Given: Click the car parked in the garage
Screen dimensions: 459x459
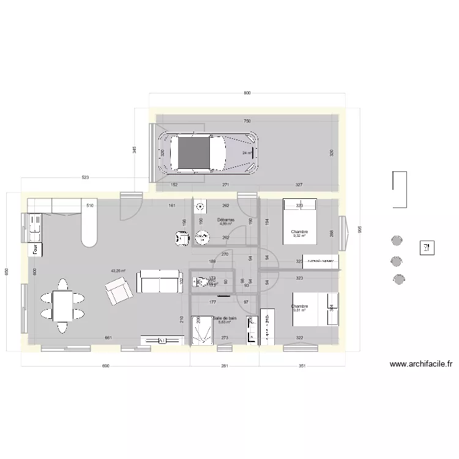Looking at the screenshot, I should pos(208,153).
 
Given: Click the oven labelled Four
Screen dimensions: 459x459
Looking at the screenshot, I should pos(35,249).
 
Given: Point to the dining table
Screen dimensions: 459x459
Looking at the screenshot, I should pos(62,307).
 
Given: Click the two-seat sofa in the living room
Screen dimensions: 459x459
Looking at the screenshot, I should pos(159,282).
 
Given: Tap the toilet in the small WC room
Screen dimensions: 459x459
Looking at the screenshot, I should pos(200,282).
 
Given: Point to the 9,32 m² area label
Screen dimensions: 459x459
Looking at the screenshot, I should pos(300,236).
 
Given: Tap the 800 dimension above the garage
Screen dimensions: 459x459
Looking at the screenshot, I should pos(247,93).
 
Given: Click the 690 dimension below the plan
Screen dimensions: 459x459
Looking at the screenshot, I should pos(105,366).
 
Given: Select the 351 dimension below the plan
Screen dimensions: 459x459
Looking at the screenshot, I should pos(301,366).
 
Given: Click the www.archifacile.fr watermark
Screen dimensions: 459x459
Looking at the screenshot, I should pos(421,364).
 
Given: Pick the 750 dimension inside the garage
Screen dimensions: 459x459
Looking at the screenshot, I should pos(247,121).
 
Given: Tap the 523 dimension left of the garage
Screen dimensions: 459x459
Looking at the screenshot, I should pos(85,177).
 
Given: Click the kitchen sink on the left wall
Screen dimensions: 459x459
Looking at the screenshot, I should pos(34,226).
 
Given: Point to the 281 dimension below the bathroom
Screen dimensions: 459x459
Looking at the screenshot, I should pos(224,366).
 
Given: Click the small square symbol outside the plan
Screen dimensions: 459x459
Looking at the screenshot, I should pos(425,248).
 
